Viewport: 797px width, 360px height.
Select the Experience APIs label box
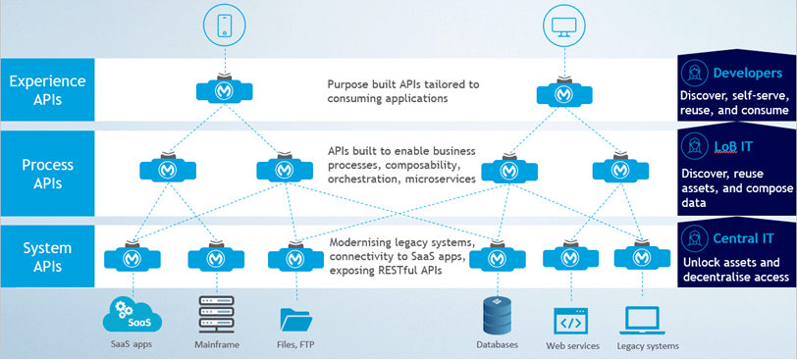(x=47, y=89)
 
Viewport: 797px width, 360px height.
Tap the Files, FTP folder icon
(x=295, y=318)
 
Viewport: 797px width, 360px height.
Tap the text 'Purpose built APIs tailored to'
(x=403, y=84)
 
